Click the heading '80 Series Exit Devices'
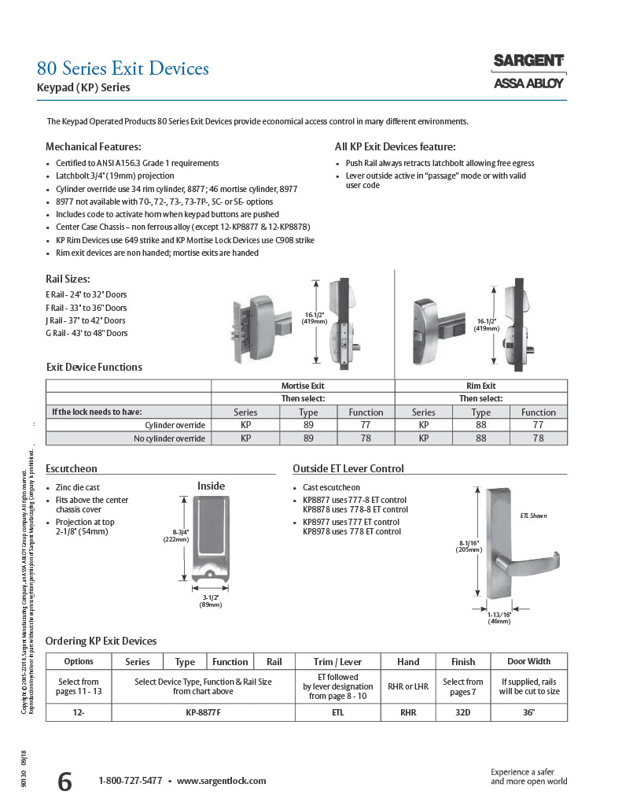coord(123,68)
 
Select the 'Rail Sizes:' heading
coord(68,279)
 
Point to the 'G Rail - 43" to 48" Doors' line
coord(86,333)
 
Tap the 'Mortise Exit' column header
coord(303,386)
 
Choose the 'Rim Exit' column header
coord(480,386)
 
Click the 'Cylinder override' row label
coord(175,425)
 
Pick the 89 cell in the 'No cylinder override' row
coord(308,438)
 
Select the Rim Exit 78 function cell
coord(538,438)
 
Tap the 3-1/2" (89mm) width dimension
coord(210,601)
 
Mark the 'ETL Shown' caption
coord(533,516)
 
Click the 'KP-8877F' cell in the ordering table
coord(204,712)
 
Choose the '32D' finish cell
coord(463,712)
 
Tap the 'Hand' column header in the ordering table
coord(408,662)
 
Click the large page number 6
coord(64,782)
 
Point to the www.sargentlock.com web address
coord(222,781)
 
